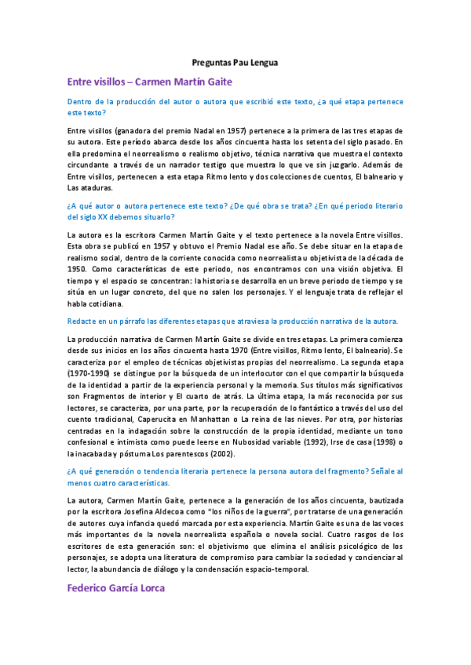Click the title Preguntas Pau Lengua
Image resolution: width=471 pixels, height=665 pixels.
[x=235, y=61]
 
